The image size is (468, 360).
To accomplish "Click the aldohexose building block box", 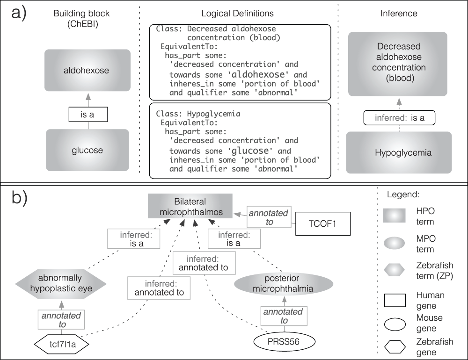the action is (x=88, y=70).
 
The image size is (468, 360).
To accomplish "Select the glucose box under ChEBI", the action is (x=88, y=150).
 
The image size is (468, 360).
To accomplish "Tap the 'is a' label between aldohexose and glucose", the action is (x=88, y=114).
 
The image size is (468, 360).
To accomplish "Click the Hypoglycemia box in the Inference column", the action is (x=399, y=152).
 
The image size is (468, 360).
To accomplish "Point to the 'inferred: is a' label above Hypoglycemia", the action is (x=399, y=118).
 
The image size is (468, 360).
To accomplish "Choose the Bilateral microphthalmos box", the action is (x=190, y=206).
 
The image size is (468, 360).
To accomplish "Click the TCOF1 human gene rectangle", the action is (x=323, y=223).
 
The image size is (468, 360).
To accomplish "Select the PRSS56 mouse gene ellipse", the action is (x=285, y=341).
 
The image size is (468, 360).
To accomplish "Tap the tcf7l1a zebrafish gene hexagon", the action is (x=62, y=344).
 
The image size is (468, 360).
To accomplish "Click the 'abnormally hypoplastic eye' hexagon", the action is (x=61, y=283).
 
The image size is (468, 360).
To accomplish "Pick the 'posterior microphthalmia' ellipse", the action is (x=284, y=284).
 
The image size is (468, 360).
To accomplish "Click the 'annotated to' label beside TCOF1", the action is (x=269, y=217).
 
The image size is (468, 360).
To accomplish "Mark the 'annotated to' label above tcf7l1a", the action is (x=61, y=319).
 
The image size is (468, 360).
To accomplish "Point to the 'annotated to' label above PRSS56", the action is (x=284, y=316).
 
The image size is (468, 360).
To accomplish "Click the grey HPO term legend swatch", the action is (x=394, y=216).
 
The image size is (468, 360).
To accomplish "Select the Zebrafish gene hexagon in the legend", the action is (x=395, y=347).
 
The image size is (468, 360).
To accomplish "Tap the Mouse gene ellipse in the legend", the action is (x=395, y=324).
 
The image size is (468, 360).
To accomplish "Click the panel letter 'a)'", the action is (x=19, y=14).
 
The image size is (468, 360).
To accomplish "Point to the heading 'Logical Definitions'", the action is (x=237, y=14).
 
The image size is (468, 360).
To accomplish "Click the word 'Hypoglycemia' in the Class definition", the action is (x=214, y=114).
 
